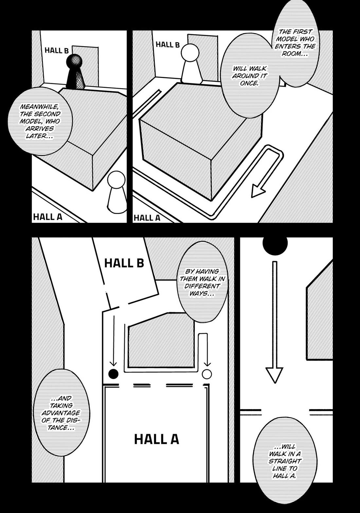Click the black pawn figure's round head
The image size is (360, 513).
tap(76, 61)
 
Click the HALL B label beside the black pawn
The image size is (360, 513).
tap(57, 50)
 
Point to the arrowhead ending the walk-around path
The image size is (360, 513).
tap(258, 191)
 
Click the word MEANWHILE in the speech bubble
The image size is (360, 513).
tap(36, 107)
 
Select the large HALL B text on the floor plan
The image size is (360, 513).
tap(124, 263)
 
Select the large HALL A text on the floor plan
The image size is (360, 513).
tap(156, 439)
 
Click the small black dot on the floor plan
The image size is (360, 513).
tap(113, 373)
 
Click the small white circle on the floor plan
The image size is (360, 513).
tap(207, 374)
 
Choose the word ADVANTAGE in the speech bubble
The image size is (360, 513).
tap(61, 413)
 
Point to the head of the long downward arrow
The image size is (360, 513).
tap(274, 375)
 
